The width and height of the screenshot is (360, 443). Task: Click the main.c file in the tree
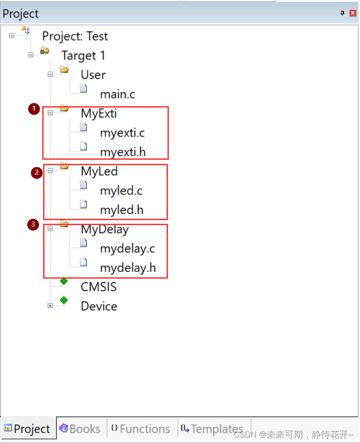click(x=118, y=94)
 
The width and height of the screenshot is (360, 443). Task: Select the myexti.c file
click(x=122, y=133)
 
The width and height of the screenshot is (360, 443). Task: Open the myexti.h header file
click(x=123, y=152)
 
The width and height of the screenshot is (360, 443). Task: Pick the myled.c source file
click(x=121, y=191)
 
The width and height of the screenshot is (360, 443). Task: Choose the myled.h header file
click(x=122, y=210)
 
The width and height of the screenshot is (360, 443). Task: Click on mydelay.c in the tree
click(x=128, y=249)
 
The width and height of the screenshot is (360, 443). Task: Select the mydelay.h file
click(x=128, y=268)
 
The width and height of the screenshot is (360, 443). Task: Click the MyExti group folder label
click(x=99, y=113)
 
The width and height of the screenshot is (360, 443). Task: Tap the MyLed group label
click(x=99, y=171)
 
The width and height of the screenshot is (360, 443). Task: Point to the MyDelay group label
click(x=104, y=229)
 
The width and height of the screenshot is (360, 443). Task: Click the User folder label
click(x=93, y=75)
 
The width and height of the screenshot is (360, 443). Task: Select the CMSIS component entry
click(x=99, y=287)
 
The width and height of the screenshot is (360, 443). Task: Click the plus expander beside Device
click(x=50, y=306)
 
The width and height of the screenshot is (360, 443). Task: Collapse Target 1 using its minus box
click(x=31, y=55)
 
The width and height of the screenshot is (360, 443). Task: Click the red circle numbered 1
click(x=34, y=108)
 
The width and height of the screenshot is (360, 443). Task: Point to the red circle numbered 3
click(x=33, y=224)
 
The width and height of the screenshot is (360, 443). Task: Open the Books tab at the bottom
click(x=80, y=429)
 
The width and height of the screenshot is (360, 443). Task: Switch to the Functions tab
click(x=140, y=429)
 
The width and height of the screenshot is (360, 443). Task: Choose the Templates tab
click(x=212, y=429)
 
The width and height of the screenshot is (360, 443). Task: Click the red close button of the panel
click(x=353, y=13)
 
